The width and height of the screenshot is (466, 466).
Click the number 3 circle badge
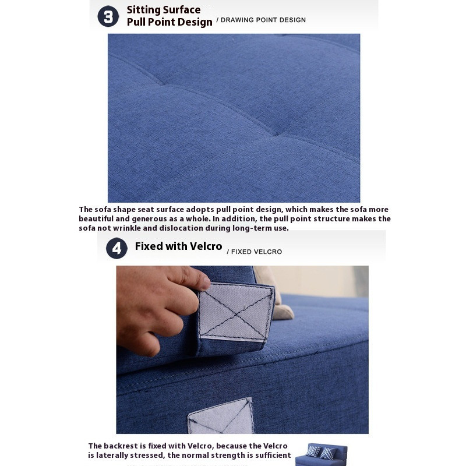(108, 16)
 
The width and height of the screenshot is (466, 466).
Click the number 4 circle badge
(116, 248)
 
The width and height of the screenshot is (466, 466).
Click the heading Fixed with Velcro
(178, 246)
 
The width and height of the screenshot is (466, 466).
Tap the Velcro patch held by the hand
(236, 312)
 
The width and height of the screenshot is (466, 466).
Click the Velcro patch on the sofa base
(221, 416)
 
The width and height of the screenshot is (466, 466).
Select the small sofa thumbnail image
(321, 455)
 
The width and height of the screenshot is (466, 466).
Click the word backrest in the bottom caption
(121, 446)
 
